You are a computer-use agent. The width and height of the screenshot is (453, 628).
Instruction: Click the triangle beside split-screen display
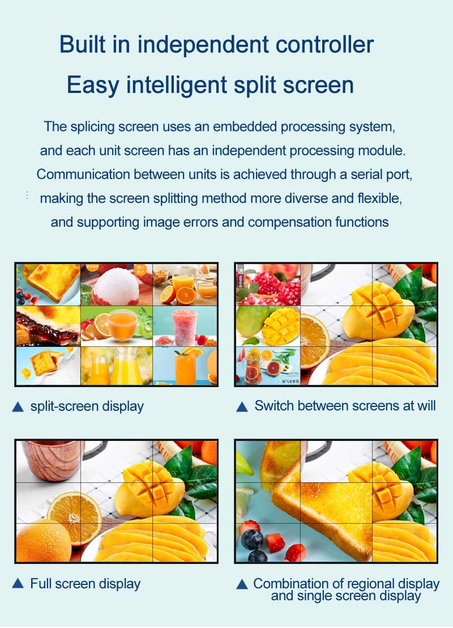[x=18, y=407]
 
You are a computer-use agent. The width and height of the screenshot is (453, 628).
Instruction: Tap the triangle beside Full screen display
[x=18, y=583]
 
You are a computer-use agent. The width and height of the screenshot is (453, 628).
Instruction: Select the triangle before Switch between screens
[x=242, y=407]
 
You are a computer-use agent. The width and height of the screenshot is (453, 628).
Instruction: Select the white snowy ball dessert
[x=116, y=287]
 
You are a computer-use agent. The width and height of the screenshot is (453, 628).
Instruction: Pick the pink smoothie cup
[x=185, y=327]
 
